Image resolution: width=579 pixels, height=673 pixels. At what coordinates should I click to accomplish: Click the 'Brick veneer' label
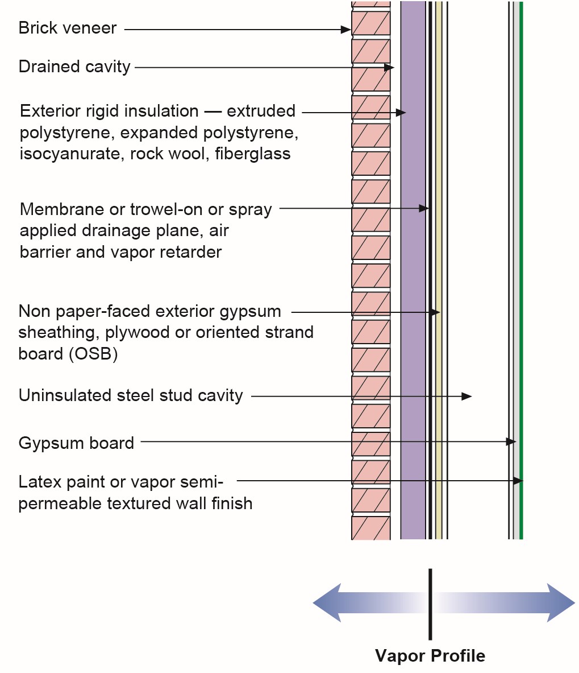click(67, 28)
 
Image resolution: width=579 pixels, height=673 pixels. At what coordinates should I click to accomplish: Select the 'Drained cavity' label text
click(74, 67)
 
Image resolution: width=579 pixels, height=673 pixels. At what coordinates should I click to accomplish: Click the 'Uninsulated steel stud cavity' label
click(131, 395)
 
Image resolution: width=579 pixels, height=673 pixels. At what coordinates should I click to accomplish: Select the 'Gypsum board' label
click(76, 443)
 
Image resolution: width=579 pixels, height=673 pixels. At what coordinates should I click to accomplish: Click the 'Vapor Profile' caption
click(430, 655)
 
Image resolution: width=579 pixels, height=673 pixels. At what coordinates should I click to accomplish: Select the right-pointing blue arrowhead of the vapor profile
click(561, 602)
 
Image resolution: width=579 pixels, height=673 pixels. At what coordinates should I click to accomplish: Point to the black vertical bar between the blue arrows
click(430, 604)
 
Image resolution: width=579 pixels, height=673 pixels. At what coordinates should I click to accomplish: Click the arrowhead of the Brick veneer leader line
click(346, 29)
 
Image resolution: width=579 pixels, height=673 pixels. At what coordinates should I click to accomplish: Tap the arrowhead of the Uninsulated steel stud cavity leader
click(466, 396)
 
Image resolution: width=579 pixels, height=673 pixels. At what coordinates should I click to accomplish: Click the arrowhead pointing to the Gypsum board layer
click(511, 441)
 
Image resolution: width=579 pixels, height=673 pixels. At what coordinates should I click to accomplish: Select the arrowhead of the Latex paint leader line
click(518, 481)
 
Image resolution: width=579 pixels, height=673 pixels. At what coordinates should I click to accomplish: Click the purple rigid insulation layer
click(413, 270)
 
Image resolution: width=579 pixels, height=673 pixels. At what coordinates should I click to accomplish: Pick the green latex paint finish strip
click(521, 270)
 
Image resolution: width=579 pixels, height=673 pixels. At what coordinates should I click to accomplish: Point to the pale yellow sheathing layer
click(439, 270)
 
